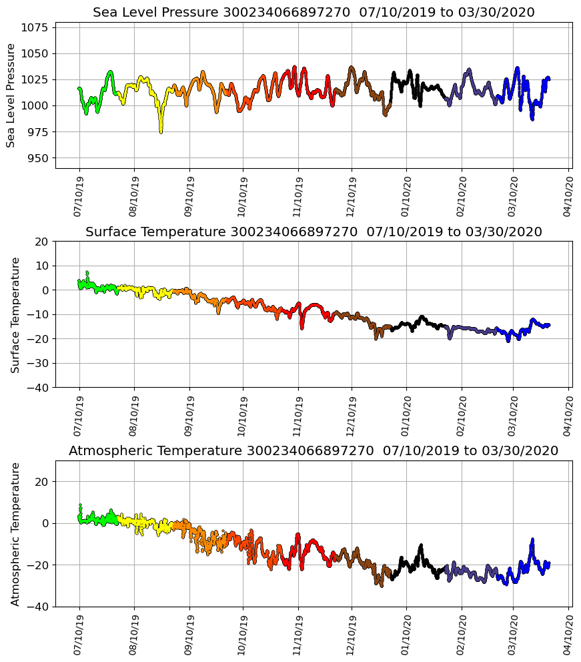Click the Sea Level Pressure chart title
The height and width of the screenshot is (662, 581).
[x=314, y=13]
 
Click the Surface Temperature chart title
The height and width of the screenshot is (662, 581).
[x=314, y=232]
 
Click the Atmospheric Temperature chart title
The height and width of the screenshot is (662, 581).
[x=314, y=451]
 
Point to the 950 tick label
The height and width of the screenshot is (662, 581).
[x=39, y=158]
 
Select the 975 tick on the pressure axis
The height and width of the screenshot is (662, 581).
[x=39, y=132]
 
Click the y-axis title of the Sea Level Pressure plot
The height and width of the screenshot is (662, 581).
[x=11, y=95]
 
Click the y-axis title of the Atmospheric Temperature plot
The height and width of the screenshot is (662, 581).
[x=15, y=534]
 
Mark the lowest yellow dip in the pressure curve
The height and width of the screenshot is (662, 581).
[x=161, y=131]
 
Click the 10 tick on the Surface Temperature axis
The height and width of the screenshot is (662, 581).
[x=41, y=266]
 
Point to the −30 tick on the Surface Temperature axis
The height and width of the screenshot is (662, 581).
[x=39, y=363]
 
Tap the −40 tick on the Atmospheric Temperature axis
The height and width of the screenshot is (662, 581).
[x=39, y=607]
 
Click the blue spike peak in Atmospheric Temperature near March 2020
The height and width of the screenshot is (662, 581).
[x=532, y=539]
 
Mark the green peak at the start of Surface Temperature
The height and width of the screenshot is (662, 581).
[x=87, y=272]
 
